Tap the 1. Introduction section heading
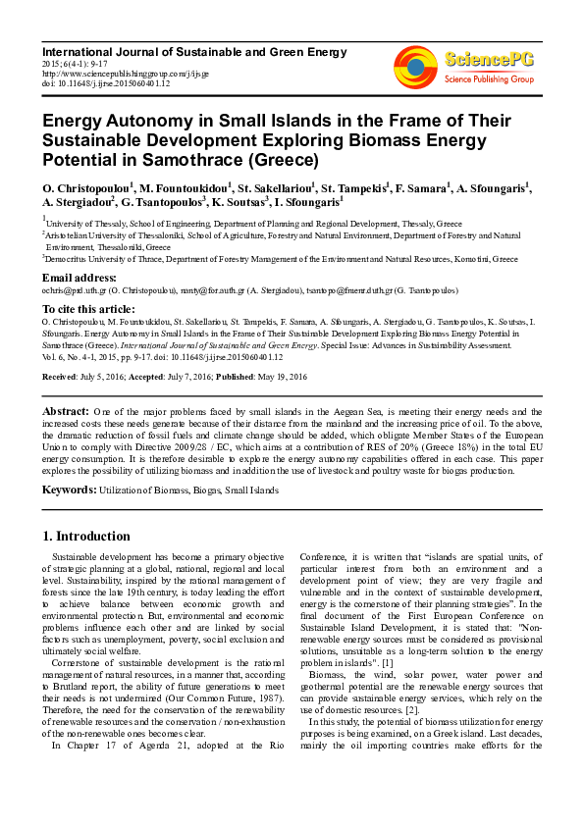[86, 537]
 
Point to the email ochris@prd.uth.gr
[71, 291]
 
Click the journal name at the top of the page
[151, 49]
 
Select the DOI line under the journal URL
[106, 83]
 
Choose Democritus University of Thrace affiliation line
[280, 259]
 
